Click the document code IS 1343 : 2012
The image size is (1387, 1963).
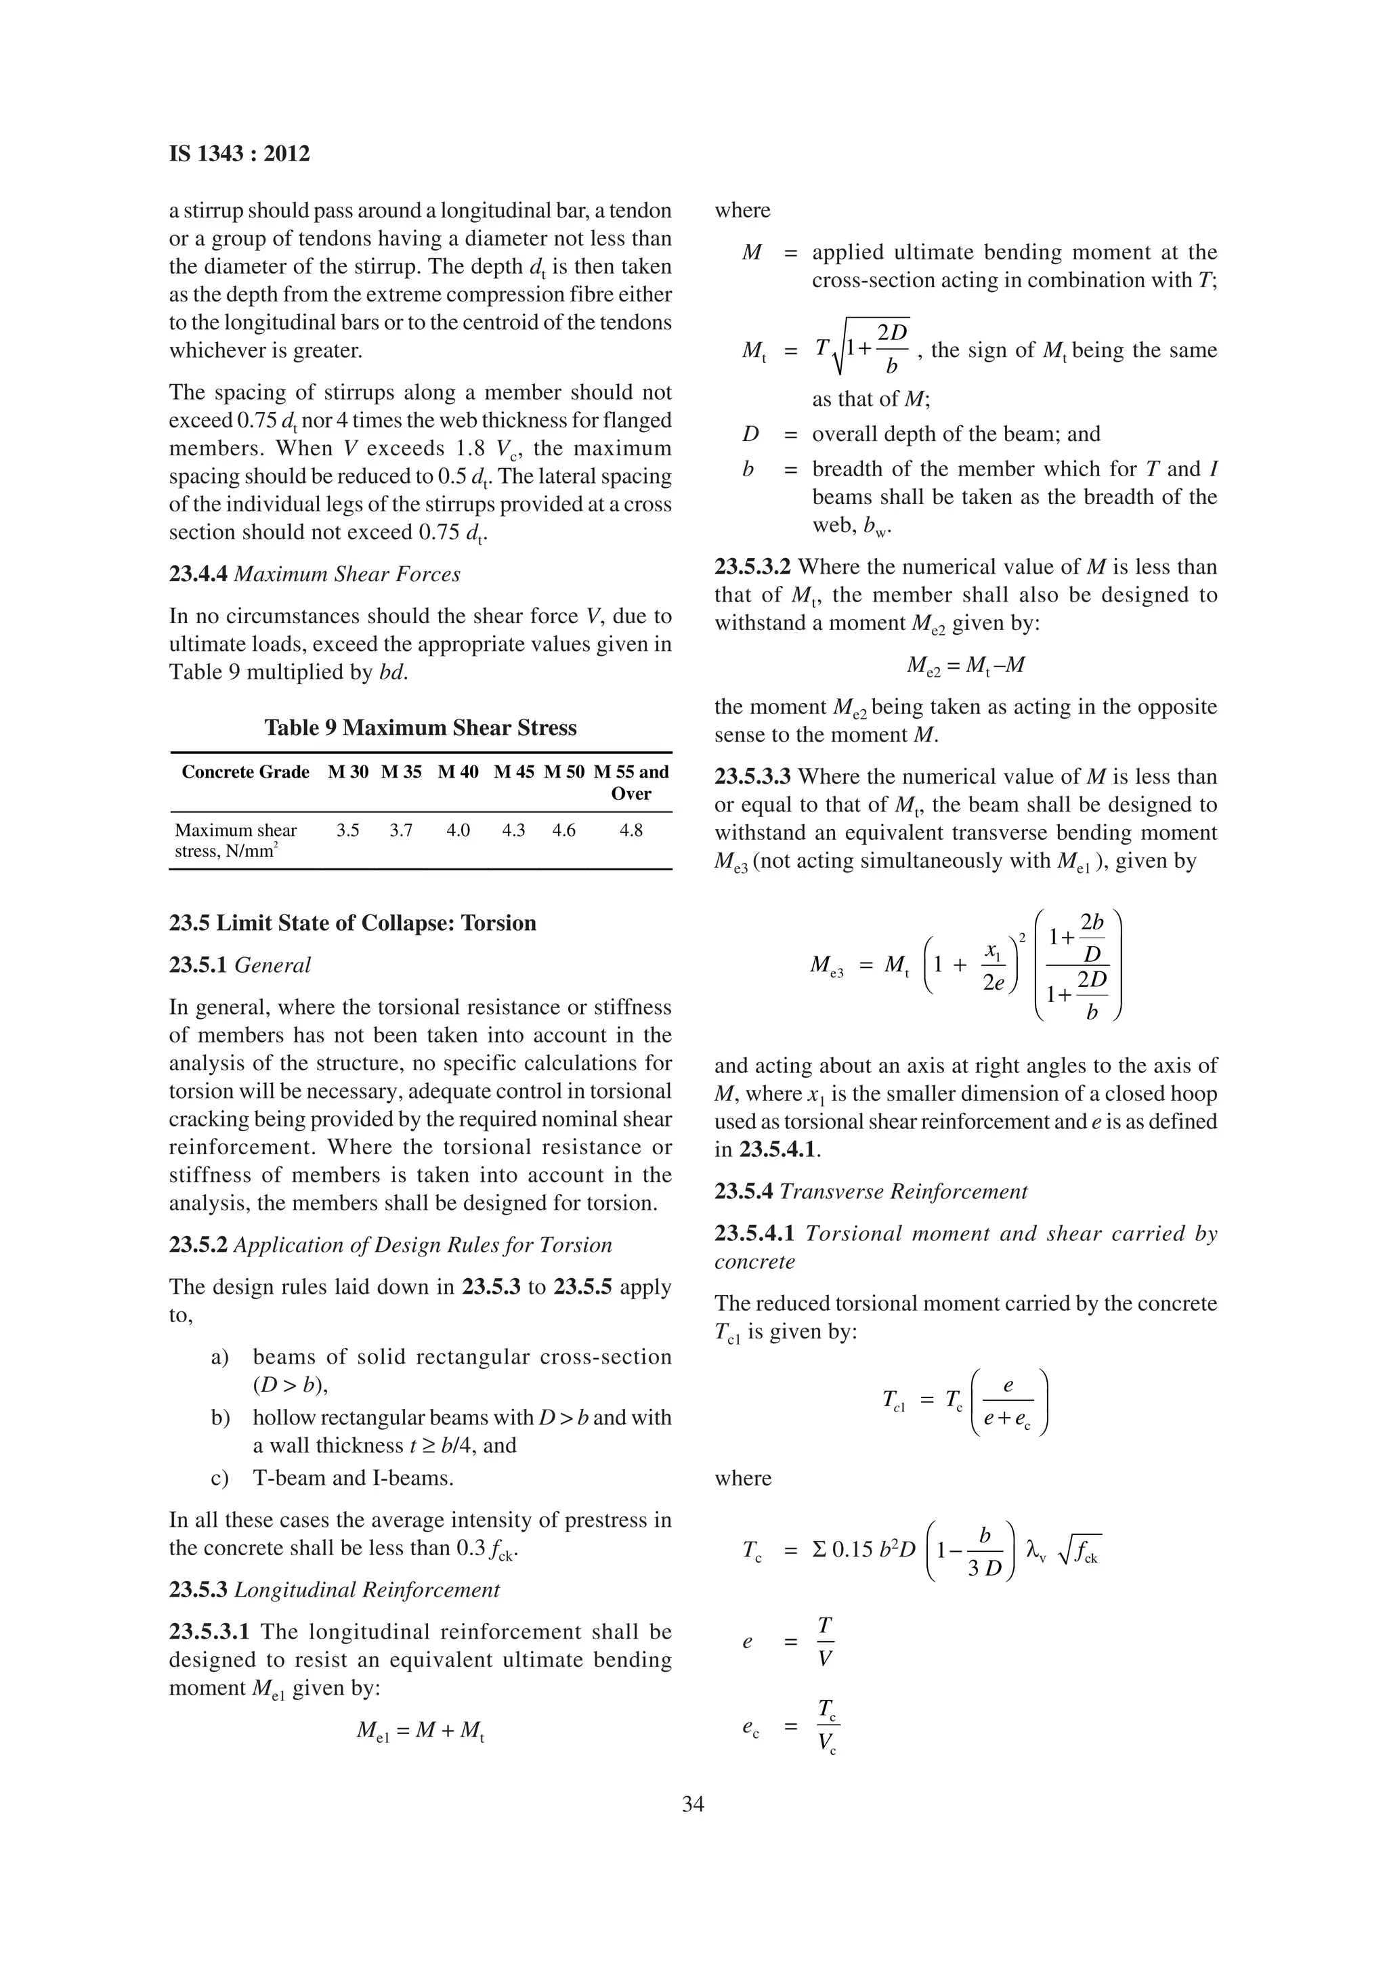point(239,154)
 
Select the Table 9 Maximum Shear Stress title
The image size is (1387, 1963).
point(421,727)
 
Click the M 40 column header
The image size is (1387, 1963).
point(458,772)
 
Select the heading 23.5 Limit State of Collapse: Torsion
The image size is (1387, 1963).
point(352,923)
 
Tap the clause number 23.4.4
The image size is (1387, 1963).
point(198,574)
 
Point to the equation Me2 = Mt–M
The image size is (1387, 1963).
point(966,665)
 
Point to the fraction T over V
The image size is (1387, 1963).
point(825,1641)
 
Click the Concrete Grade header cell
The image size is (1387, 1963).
point(245,772)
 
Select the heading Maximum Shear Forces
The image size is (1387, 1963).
point(347,574)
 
